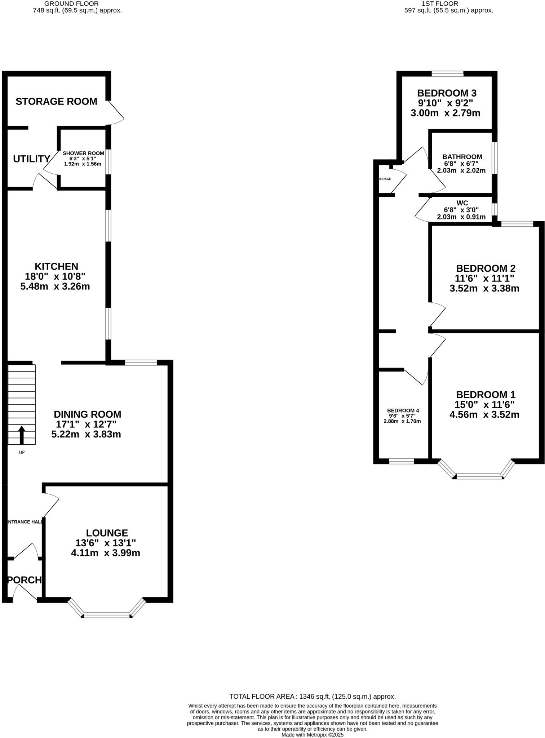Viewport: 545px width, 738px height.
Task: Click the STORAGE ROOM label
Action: coord(56,102)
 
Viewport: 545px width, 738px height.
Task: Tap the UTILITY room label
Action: coord(31,159)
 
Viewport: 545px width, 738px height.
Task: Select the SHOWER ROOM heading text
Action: coord(83,153)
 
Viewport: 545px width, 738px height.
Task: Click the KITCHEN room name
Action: coord(56,266)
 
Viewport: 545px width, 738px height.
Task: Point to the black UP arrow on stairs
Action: coord(22,435)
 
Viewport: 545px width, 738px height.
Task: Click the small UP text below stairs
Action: coord(22,452)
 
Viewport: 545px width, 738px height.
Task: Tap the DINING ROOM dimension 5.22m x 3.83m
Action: coord(86,434)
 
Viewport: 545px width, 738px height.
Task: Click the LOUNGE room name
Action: coord(107,533)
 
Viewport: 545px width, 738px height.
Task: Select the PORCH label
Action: coord(25,580)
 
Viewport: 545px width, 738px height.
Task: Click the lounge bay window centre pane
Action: coord(107,615)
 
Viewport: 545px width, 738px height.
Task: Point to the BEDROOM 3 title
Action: coord(447,93)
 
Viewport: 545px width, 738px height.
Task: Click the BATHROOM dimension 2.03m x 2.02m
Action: coord(461,170)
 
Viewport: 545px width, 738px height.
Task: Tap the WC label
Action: coord(462,203)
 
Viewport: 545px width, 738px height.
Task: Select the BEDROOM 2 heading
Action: coord(486,268)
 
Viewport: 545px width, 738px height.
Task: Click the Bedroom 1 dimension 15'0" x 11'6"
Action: coord(484,404)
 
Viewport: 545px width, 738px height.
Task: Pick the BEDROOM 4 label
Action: coord(403,410)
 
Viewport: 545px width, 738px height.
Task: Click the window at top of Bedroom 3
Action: coord(447,74)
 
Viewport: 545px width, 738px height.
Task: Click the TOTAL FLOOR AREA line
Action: coord(312,697)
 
